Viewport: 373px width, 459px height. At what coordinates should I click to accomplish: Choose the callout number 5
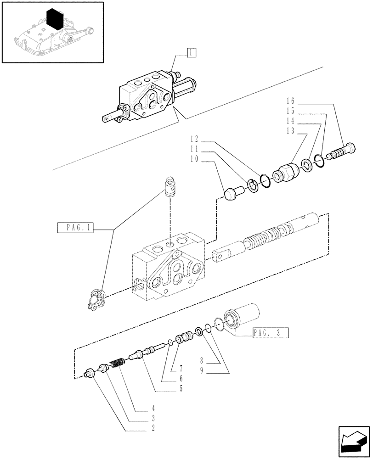point(181,388)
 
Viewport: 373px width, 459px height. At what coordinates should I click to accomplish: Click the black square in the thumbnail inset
point(56,21)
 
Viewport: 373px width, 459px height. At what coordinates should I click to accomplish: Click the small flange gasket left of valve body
point(95,299)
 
